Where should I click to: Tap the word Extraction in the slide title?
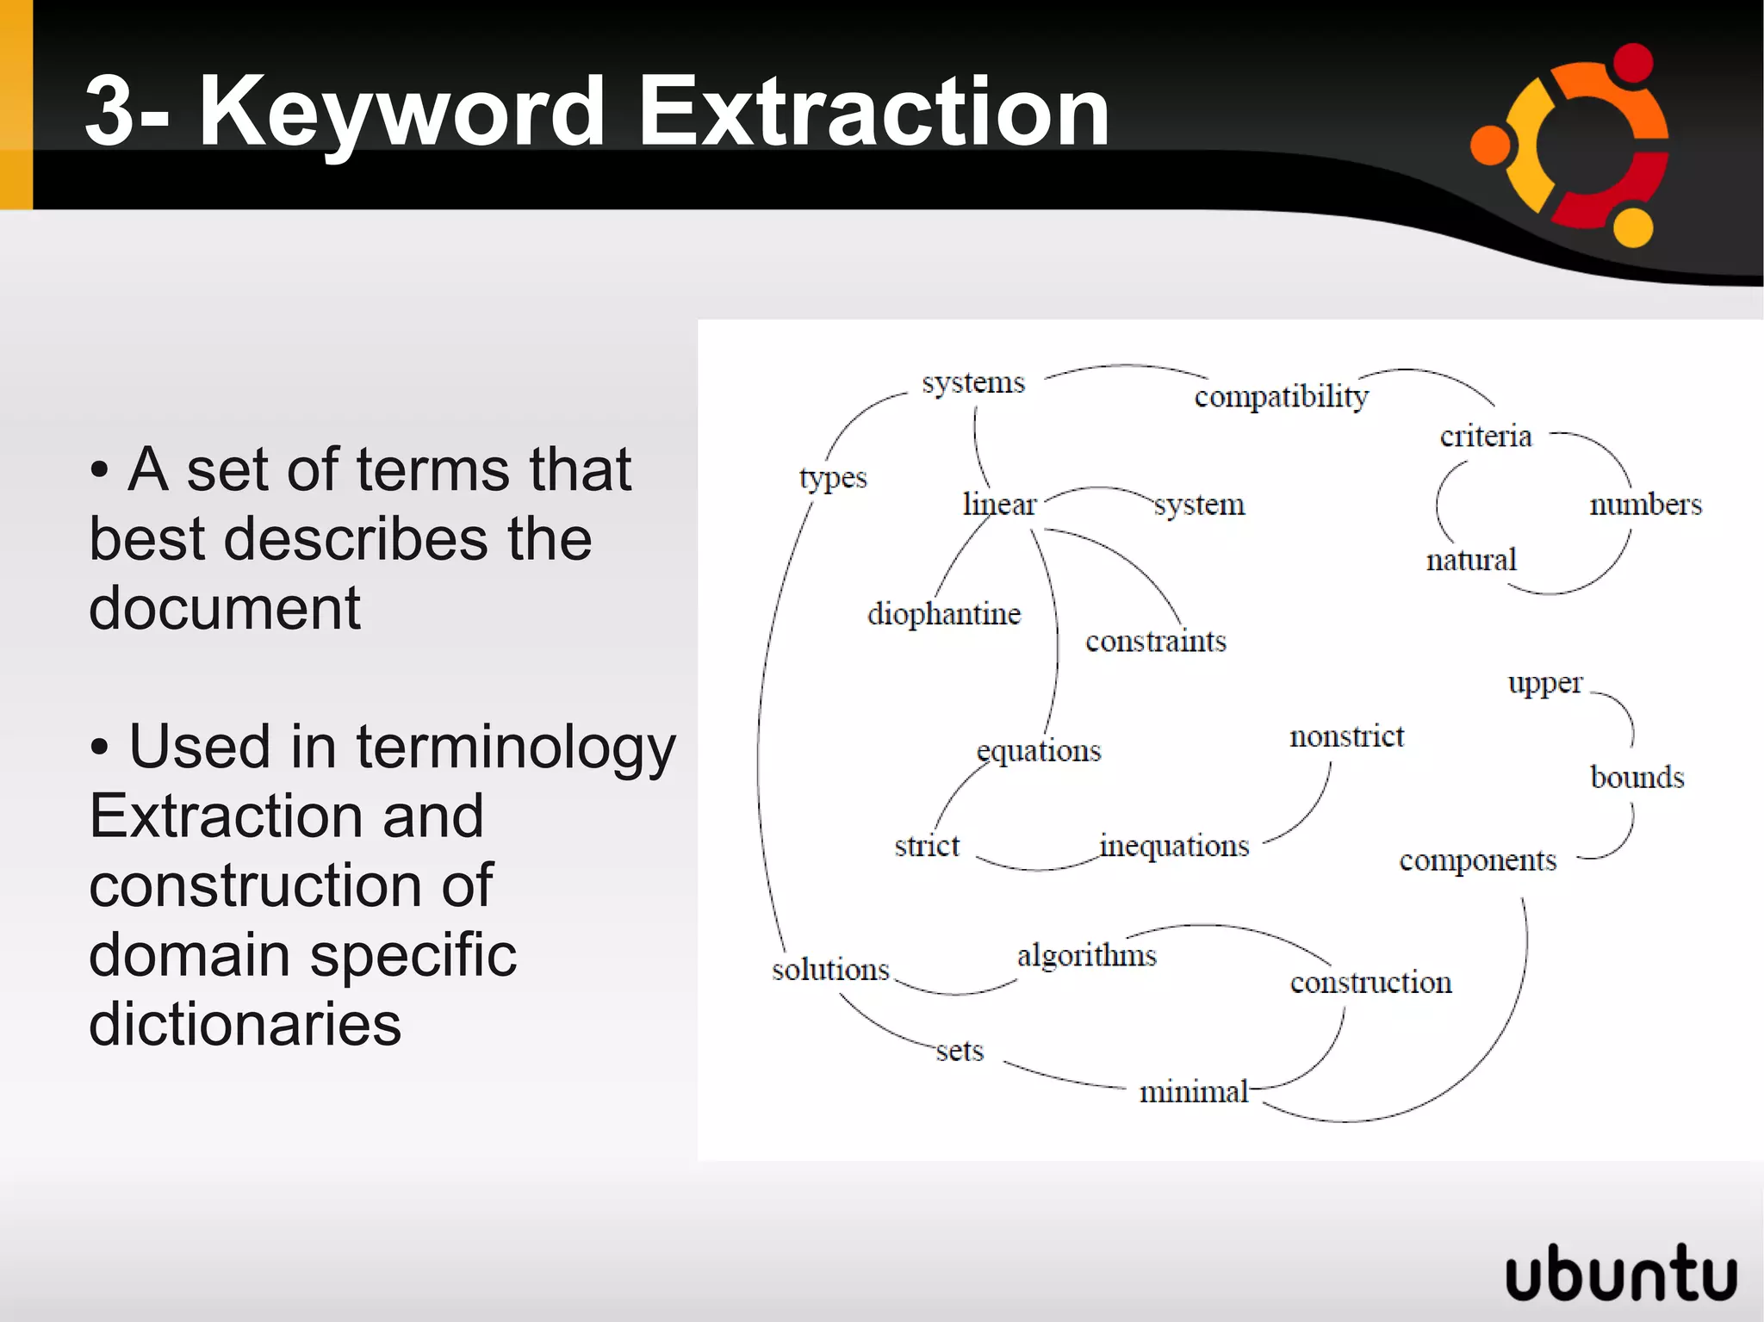pyautogui.click(x=873, y=112)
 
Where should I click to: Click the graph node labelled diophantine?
pyautogui.click(x=944, y=614)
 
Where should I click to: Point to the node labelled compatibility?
pyautogui.click(x=1281, y=397)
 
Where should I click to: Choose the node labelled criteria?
pyautogui.click(x=1486, y=437)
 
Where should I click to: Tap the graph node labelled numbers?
pyautogui.click(x=1645, y=505)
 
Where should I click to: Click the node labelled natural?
pyautogui.click(x=1471, y=561)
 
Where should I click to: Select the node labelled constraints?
pyautogui.click(x=1155, y=642)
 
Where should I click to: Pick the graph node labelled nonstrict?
pyautogui.click(x=1346, y=737)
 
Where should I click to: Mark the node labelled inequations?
pyautogui.click(x=1175, y=847)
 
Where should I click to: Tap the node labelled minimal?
pyautogui.click(x=1194, y=1092)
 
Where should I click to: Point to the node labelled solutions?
pyautogui.click(x=830, y=971)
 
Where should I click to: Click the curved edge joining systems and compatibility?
pyautogui.click(x=1124, y=367)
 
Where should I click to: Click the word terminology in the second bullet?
pyautogui.click(x=516, y=747)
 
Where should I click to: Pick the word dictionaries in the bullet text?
pyautogui.click(x=245, y=1024)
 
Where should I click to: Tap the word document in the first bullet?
pyautogui.click(x=225, y=608)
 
